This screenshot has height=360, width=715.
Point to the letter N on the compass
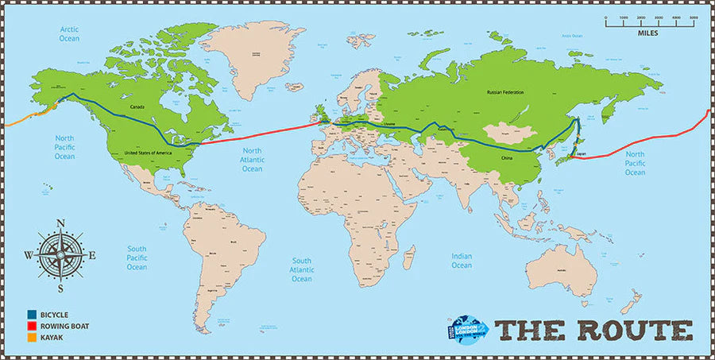pos(60,223)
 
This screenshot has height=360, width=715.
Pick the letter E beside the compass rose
pos(92,256)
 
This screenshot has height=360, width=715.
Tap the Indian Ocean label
pos(462,260)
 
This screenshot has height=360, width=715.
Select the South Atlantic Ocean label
pos(302,269)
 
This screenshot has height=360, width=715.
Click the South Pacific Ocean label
pos(137,257)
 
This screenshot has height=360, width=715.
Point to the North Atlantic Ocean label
pos(252,160)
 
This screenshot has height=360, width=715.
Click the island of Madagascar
pos(410,257)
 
